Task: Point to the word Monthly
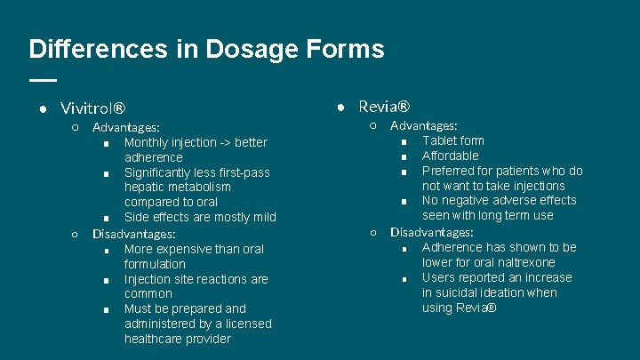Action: pyautogui.click(x=147, y=142)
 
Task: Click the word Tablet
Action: pyautogui.click(x=440, y=140)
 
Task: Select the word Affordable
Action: pyautogui.click(x=451, y=156)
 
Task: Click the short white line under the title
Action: pyautogui.click(x=42, y=80)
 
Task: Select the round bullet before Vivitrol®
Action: pyautogui.click(x=42, y=109)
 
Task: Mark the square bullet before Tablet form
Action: pyautogui.click(x=404, y=141)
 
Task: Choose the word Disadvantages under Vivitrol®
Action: pyautogui.click(x=134, y=234)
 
